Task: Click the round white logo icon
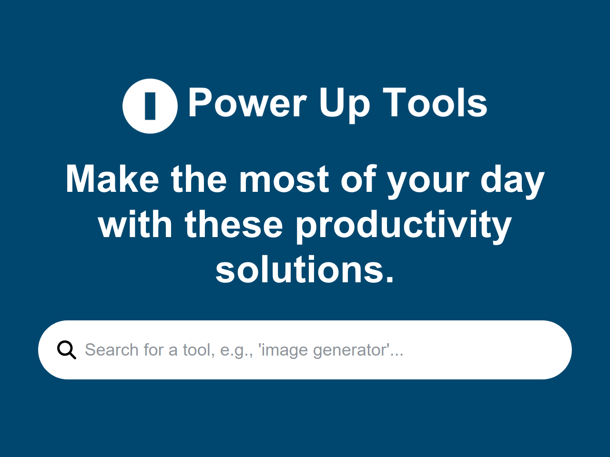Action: (x=133, y=106)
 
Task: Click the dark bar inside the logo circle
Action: (x=150, y=106)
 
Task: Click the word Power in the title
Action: (x=247, y=103)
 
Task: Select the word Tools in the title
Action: (x=435, y=103)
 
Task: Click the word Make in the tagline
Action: (x=112, y=179)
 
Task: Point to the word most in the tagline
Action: (x=284, y=180)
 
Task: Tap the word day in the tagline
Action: (x=512, y=181)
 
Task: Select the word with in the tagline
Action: (x=135, y=225)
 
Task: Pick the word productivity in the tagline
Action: (x=404, y=226)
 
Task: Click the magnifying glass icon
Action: (x=66, y=350)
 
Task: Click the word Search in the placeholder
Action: (x=112, y=350)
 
